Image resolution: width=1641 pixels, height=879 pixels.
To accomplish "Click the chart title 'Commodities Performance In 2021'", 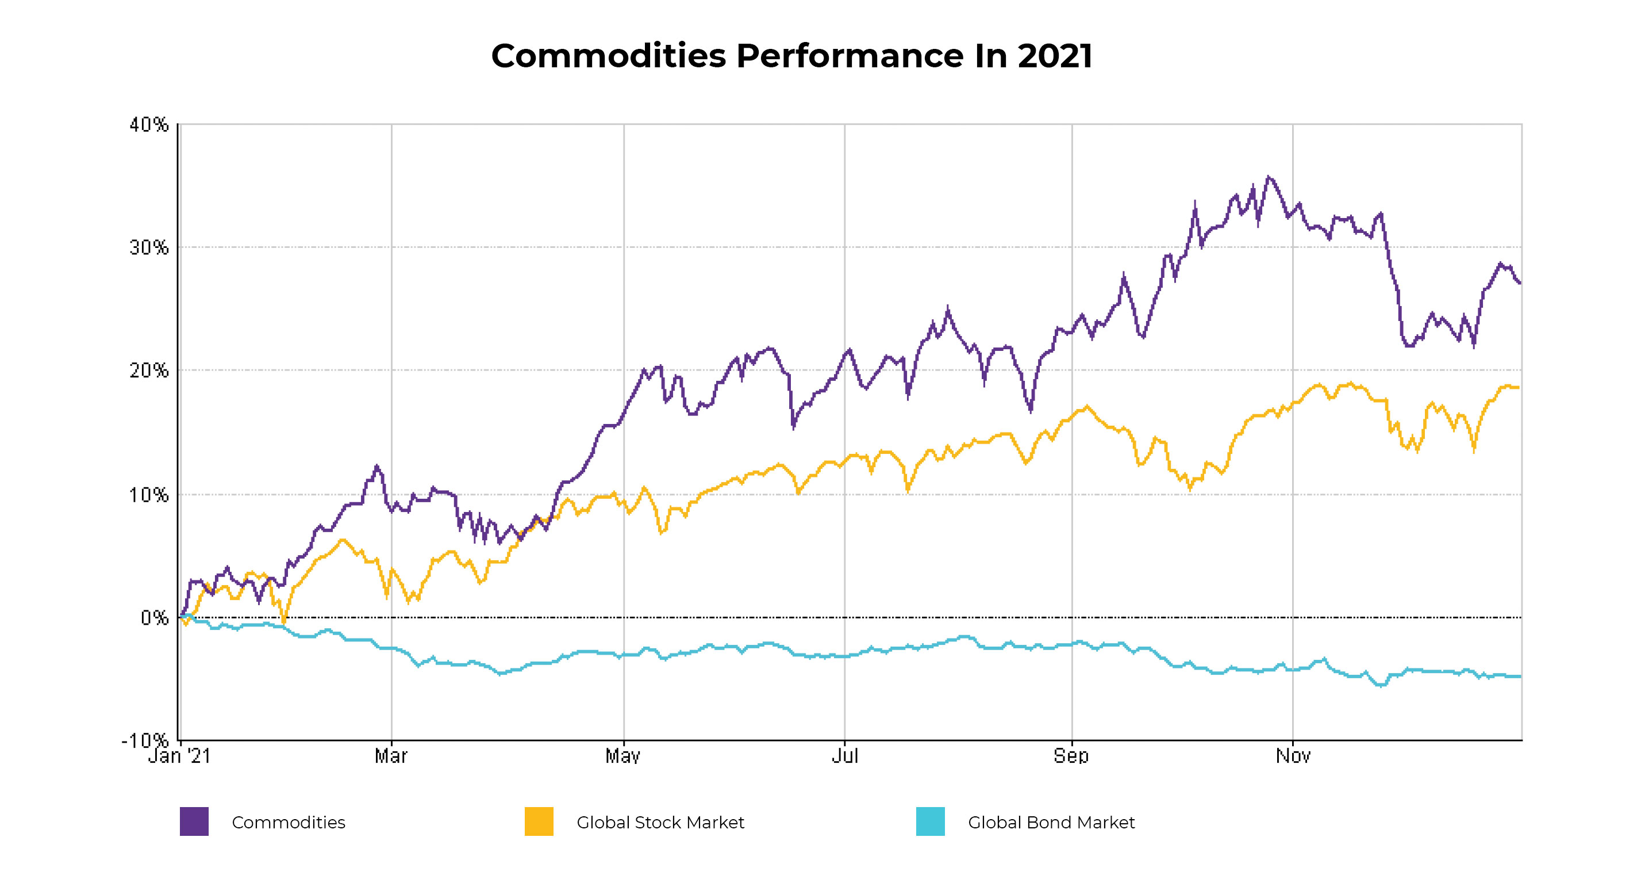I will (x=791, y=56).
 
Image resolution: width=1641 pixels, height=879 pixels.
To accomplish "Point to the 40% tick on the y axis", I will (x=149, y=124).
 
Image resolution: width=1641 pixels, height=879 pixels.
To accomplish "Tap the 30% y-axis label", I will (x=149, y=247).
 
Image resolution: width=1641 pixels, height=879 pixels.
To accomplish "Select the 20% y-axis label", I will (x=149, y=370).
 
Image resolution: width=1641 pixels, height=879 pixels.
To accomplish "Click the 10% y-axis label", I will (x=149, y=495).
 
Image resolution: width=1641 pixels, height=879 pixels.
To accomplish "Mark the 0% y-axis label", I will (x=154, y=618).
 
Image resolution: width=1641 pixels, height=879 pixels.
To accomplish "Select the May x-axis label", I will (x=622, y=756).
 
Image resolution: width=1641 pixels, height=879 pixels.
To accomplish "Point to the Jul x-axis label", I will (x=845, y=756).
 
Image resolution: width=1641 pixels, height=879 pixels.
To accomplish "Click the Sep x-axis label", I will (x=1071, y=756).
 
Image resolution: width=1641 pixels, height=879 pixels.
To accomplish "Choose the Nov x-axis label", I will (x=1293, y=756).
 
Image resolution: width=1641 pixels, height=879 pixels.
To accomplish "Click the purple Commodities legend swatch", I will (x=194, y=821).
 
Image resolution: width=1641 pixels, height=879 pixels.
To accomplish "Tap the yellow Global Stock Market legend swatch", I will (x=539, y=821).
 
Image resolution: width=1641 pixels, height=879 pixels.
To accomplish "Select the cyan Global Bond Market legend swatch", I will (x=930, y=821).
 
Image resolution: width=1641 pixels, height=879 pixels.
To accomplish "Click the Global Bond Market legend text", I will (x=1051, y=822).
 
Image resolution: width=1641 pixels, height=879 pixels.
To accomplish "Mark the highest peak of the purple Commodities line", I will (x=1268, y=177).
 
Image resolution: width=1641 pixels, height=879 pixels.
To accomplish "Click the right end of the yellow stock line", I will (x=1518, y=388).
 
